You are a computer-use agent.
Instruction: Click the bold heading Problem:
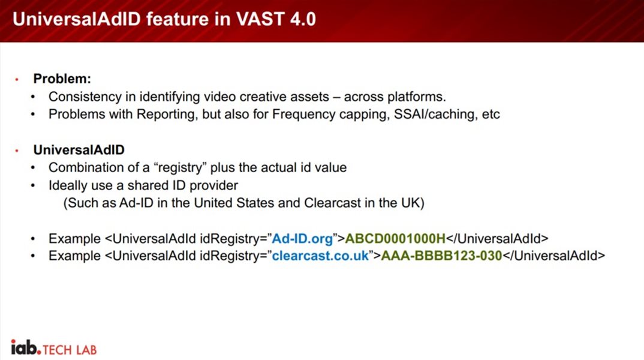click(x=62, y=79)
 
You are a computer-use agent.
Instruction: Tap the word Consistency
click(x=85, y=97)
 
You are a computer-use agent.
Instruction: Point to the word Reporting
click(x=165, y=114)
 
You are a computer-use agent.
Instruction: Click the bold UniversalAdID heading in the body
click(x=79, y=149)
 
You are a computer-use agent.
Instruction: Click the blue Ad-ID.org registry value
click(x=302, y=239)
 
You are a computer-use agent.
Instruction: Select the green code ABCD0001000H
click(x=395, y=239)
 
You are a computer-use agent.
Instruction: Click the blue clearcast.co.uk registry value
click(x=320, y=256)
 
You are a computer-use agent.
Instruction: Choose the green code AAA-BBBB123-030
click(x=441, y=256)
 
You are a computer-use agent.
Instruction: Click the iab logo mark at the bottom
click(x=26, y=347)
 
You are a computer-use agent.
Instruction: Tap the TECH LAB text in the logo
click(x=70, y=350)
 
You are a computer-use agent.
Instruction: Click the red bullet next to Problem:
click(x=17, y=79)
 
